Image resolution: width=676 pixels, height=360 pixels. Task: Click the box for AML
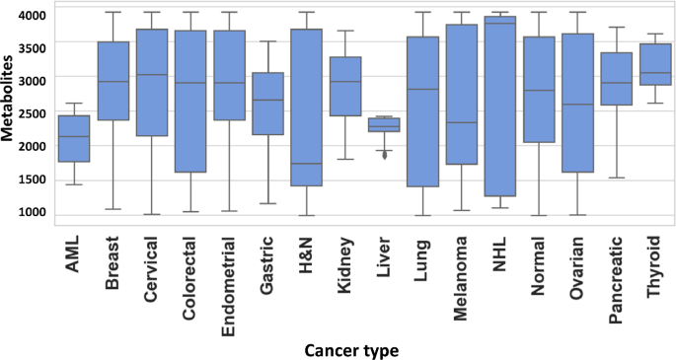pyautogui.click(x=74, y=138)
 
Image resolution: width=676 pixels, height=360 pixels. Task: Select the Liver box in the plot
pyautogui.click(x=384, y=124)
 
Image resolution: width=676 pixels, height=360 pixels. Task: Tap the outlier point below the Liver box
pyautogui.click(x=384, y=155)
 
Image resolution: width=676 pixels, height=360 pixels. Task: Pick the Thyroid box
pyautogui.click(x=655, y=64)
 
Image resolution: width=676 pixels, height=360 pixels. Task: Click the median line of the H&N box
pyautogui.click(x=306, y=164)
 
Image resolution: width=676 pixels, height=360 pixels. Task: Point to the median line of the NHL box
pyautogui.click(x=500, y=24)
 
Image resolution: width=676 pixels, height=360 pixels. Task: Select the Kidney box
pyautogui.click(x=344, y=86)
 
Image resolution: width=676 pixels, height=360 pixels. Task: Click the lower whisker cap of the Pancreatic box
pyautogui.click(x=617, y=178)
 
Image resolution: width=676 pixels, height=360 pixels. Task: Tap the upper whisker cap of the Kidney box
pyautogui.click(x=344, y=31)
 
